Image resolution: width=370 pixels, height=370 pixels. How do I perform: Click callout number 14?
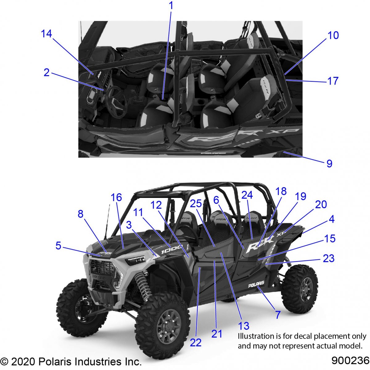tap(47, 34)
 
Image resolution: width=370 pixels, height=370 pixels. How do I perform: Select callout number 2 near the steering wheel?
tap(47, 72)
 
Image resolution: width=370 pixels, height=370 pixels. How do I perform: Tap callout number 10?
tap(333, 35)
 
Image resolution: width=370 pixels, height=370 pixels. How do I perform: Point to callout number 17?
tap(333, 81)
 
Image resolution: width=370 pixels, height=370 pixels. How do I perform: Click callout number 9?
tap(330, 163)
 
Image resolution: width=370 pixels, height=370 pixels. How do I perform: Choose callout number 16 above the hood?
tap(116, 197)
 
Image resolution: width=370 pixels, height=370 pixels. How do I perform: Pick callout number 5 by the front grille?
tap(58, 245)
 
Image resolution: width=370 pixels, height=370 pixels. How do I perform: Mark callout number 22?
tap(196, 343)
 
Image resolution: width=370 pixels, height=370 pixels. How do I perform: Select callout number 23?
tap(329, 258)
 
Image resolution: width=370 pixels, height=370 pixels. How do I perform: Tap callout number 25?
tap(196, 203)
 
